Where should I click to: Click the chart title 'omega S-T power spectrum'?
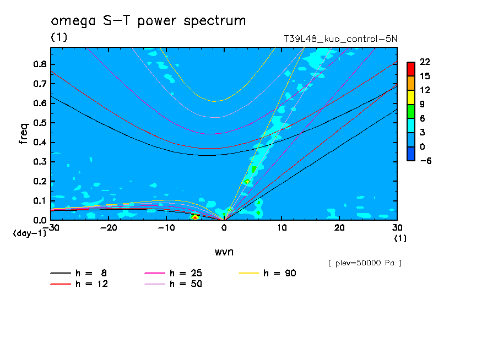148,21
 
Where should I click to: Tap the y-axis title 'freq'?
24,134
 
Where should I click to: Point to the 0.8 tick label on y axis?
39,64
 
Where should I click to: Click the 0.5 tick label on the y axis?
39,123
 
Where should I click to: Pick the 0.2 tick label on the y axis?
39,181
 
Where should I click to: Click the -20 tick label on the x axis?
109,228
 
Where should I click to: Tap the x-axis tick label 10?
282,228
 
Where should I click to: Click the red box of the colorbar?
410,68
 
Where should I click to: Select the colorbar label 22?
425,61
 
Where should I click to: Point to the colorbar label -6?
425,161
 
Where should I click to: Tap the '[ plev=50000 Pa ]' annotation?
364,263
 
